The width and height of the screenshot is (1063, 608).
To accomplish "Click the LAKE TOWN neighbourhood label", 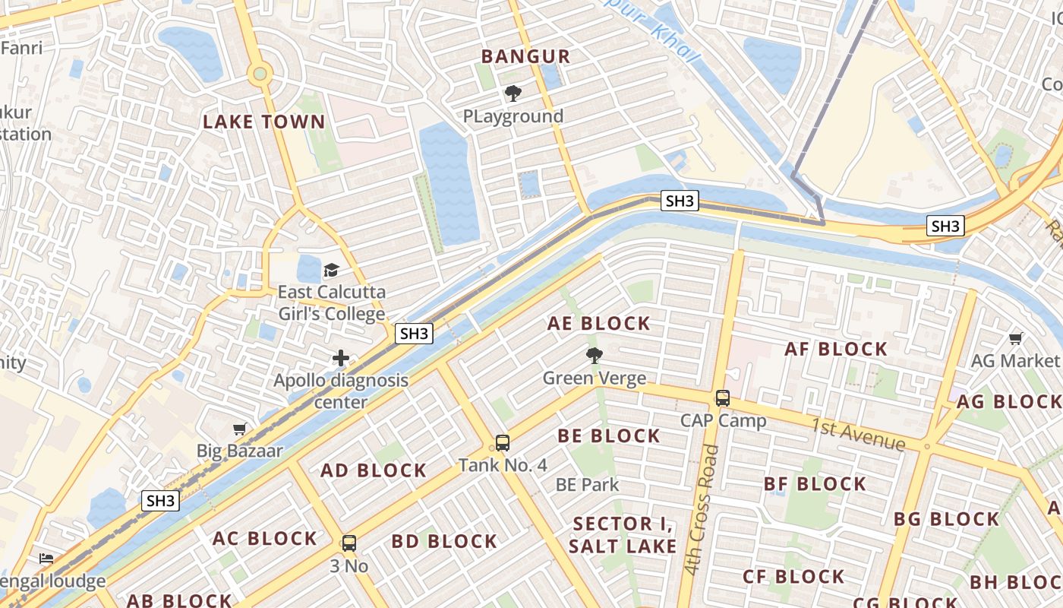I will pos(263,122).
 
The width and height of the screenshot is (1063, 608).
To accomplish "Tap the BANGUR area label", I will pos(525,56).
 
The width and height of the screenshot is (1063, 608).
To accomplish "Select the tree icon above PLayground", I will pos(513,93).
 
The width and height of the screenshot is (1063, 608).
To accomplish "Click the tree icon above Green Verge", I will pos(595,355).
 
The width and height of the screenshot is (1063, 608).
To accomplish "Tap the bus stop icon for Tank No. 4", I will pos(502,442).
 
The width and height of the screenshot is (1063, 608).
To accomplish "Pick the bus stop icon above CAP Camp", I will pos(723,397).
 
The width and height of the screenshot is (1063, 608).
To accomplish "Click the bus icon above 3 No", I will pos(349,543).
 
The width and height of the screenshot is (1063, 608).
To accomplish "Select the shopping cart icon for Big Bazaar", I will pos(240,429).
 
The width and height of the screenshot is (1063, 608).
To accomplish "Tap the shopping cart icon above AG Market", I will pos(1015,338).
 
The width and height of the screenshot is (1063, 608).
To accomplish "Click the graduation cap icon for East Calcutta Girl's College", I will pos(331,270).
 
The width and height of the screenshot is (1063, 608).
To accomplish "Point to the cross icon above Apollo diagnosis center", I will pos(341,358).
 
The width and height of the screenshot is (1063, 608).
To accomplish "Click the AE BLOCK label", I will pos(599,324).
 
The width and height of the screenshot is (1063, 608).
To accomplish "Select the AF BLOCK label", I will pos(836,350).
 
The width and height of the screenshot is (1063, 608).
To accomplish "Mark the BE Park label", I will pos(587,485).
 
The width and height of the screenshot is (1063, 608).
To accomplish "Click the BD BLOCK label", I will pos(444,542).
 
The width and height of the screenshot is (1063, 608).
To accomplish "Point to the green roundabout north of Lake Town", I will pos(260,74).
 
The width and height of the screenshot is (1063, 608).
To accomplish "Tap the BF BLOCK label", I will pos(815,484).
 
